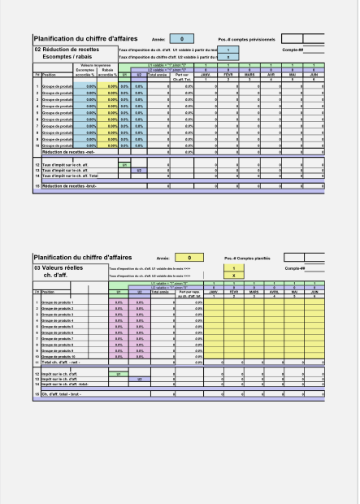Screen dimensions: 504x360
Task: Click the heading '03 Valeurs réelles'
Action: pos(61,267)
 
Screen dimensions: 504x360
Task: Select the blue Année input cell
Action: pos(181,39)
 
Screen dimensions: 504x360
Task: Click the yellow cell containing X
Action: pos(234,275)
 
